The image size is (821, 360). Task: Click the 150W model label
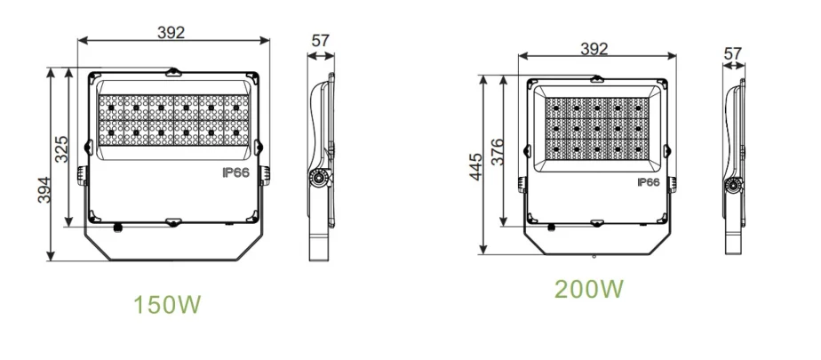[167, 305]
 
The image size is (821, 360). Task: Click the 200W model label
[589, 289]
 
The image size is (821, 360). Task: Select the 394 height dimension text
[44, 189]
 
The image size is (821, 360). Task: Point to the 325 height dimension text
[62, 148]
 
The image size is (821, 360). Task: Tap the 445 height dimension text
[475, 167]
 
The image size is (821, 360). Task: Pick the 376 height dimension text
[498, 152]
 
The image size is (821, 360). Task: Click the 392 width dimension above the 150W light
[171, 33]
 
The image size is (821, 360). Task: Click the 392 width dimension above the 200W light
[594, 49]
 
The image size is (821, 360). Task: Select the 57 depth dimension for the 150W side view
[321, 41]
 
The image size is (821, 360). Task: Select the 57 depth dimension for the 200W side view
[733, 53]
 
